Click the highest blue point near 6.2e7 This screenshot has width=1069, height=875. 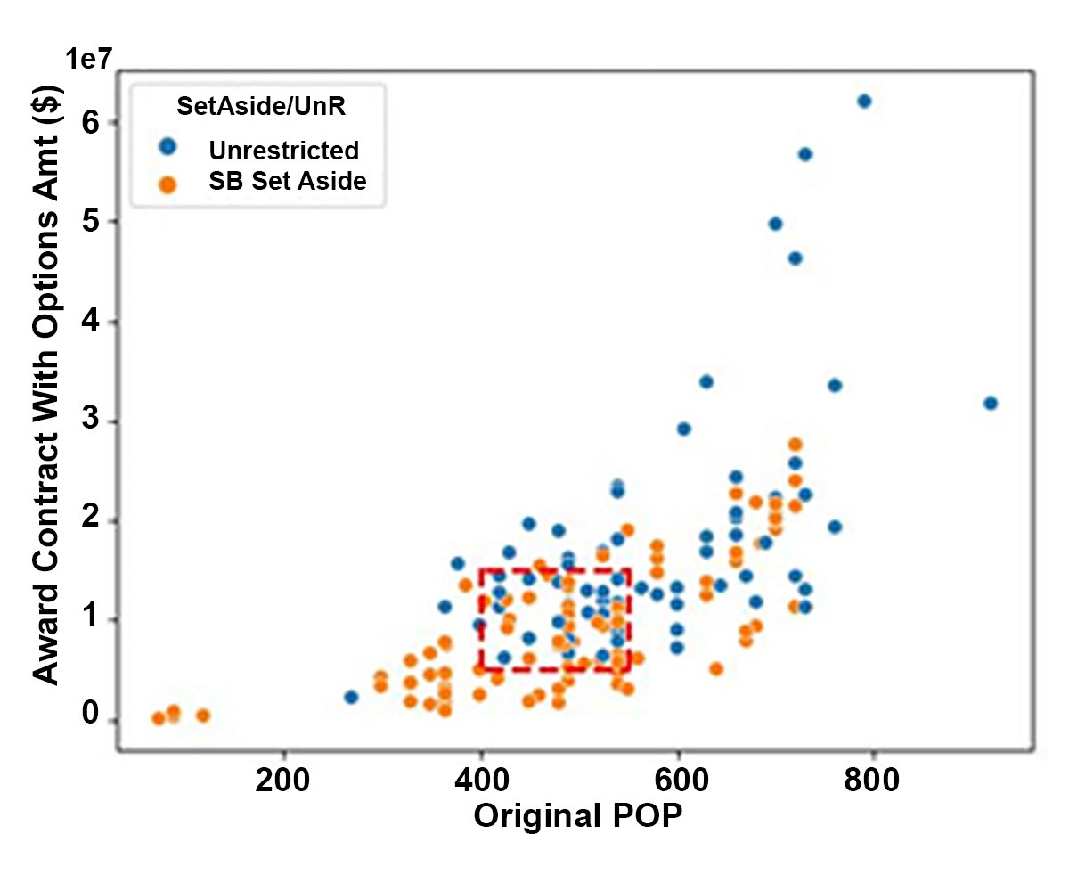click(863, 101)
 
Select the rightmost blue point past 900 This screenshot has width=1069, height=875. click(990, 403)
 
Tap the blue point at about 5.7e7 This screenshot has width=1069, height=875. click(804, 154)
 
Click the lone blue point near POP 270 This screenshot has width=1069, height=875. click(351, 697)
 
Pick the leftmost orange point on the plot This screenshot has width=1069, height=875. click(159, 718)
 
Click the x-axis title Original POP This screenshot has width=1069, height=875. click(578, 816)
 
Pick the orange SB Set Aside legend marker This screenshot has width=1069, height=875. click(167, 183)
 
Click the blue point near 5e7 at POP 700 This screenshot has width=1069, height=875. click(775, 224)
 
